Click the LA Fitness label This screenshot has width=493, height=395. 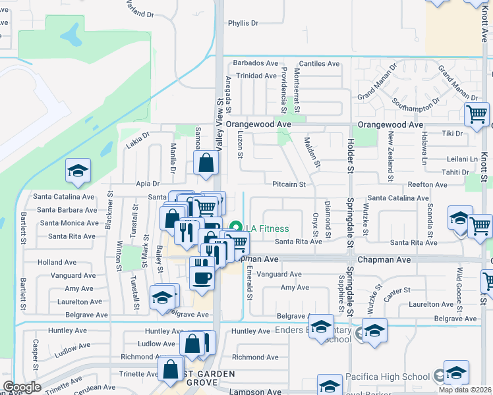[267, 228]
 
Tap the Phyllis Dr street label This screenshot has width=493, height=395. [243, 23]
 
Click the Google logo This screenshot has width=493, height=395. [22, 387]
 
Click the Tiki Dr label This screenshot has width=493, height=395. [452, 133]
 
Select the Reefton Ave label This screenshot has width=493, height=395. [428, 185]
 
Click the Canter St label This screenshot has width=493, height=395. [397, 290]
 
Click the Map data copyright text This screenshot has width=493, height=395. [465, 390]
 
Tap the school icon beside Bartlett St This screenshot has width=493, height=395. [78, 172]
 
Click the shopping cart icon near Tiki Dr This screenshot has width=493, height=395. [476, 115]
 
